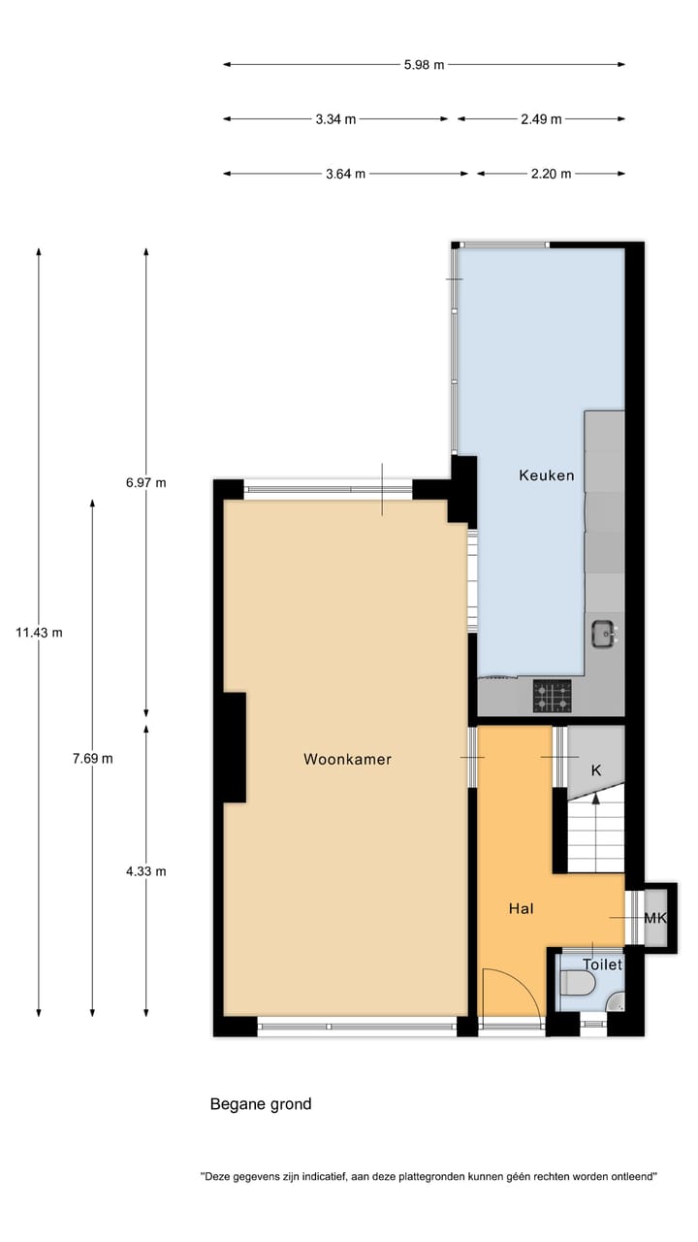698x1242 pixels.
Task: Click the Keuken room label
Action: (546, 475)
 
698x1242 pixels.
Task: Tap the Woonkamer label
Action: (347, 759)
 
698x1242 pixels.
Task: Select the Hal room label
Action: (522, 909)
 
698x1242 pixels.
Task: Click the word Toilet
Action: (602, 964)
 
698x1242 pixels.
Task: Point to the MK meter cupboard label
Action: (655, 918)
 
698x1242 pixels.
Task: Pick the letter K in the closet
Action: (596, 769)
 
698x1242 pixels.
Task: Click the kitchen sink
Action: (604, 635)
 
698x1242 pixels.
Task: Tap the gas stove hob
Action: (552, 696)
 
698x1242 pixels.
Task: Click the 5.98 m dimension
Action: (424, 65)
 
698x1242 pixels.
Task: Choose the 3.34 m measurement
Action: (335, 119)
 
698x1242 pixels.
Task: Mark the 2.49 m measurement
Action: (541, 119)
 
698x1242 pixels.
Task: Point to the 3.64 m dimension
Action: (345, 174)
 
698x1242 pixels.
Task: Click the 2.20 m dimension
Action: (551, 174)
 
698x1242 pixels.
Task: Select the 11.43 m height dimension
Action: (39, 633)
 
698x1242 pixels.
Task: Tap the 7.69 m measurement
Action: (92, 759)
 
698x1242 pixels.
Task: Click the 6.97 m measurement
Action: (146, 482)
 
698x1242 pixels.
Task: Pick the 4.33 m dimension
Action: (146, 871)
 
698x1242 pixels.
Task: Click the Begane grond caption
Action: (261, 1104)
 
